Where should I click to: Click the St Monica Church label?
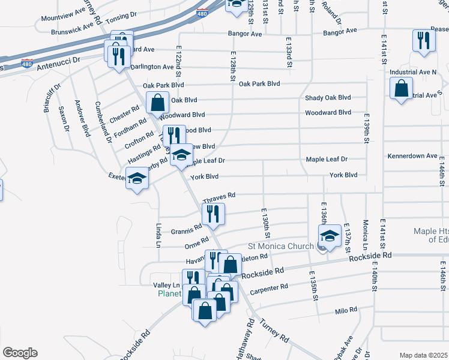tap(280, 246)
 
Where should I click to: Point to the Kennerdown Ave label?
tap(412, 156)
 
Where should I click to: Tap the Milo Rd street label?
tap(346, 310)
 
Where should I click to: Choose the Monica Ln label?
tap(365, 235)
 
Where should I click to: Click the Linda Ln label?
tap(159, 235)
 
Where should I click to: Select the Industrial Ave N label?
tap(413, 72)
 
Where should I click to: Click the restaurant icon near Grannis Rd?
tap(213, 214)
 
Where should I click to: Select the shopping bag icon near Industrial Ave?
tap(401, 88)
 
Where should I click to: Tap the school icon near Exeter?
tap(137, 178)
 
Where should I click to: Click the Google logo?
tap(20, 352)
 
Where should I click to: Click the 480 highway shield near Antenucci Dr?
tap(27, 63)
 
